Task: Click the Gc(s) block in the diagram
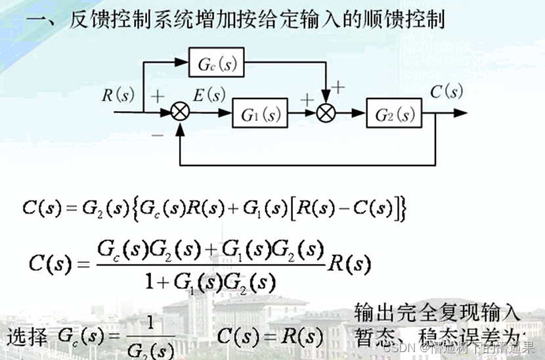coord(216,63)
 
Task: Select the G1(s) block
coord(261,114)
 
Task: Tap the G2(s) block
coord(395,114)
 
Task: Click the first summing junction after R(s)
coord(180,113)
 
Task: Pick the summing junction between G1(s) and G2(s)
coord(326,113)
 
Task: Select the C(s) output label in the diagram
coord(447,92)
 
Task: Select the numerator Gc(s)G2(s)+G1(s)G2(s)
coord(210,250)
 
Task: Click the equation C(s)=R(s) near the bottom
coord(269,337)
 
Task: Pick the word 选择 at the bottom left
coord(28,338)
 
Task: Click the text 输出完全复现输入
coord(437,311)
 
